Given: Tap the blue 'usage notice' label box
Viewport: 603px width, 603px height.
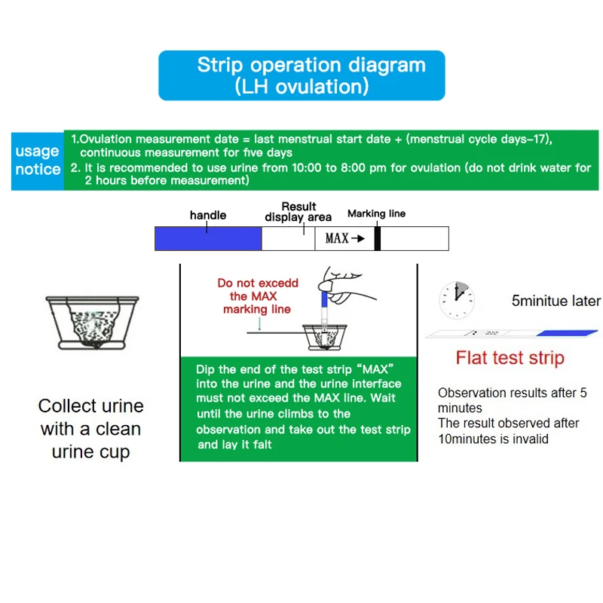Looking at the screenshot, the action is click(37, 161).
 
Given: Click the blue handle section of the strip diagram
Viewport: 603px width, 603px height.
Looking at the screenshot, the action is click(208, 238).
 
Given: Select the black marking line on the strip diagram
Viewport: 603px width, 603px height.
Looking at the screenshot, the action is click(378, 238).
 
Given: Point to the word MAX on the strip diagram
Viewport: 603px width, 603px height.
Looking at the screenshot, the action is click(336, 238).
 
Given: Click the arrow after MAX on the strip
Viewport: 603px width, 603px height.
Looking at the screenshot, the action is click(358, 238).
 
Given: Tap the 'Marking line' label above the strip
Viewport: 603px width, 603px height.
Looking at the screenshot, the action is click(376, 213).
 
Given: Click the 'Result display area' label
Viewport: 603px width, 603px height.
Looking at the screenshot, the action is click(298, 212).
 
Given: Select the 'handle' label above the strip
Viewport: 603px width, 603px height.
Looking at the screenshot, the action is click(208, 216).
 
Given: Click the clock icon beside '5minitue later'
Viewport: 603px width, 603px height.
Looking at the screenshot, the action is click(457, 300).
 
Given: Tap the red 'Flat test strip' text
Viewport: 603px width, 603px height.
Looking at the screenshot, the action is click(510, 357).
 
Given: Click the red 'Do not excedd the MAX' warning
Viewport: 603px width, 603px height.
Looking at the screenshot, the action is click(257, 295).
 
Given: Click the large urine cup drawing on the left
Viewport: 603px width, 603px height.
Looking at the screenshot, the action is click(92, 320).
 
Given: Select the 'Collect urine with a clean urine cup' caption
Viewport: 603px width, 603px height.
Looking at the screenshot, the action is click(90, 429).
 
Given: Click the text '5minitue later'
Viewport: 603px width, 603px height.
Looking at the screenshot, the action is click(556, 301).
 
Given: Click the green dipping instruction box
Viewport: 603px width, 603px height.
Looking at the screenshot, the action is click(298, 407).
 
